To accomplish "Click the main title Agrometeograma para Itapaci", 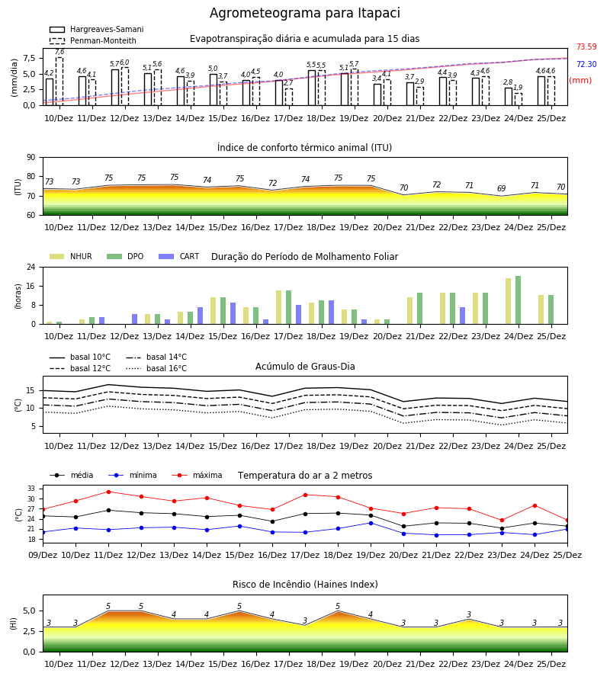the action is pos(304,13).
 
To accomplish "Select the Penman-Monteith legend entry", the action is pos(93,40).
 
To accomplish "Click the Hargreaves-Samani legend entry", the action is pos(96,29).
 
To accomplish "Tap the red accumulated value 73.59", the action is pos(586,46).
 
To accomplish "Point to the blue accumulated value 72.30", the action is pos(586,64).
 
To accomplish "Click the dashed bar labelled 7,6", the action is pos(59,82).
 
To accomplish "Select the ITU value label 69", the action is pos(502,188).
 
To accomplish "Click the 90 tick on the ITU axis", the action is pos(31,158).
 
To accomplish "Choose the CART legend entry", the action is pos(178,256).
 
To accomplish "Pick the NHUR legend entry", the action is pos(71,256).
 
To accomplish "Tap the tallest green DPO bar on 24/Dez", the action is pos(518,300).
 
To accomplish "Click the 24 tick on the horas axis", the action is pos(31,267).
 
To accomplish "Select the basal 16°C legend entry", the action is pos(156,368).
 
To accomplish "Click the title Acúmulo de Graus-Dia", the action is pos(305,366).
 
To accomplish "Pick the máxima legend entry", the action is pos(197,475).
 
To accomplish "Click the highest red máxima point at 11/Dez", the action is pos(108,492).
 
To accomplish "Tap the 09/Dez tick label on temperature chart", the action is pos(43,555).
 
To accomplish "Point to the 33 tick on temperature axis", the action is pos(31,489).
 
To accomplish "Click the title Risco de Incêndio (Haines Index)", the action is pos(305,585).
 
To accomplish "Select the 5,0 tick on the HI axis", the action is pos(29,611).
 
